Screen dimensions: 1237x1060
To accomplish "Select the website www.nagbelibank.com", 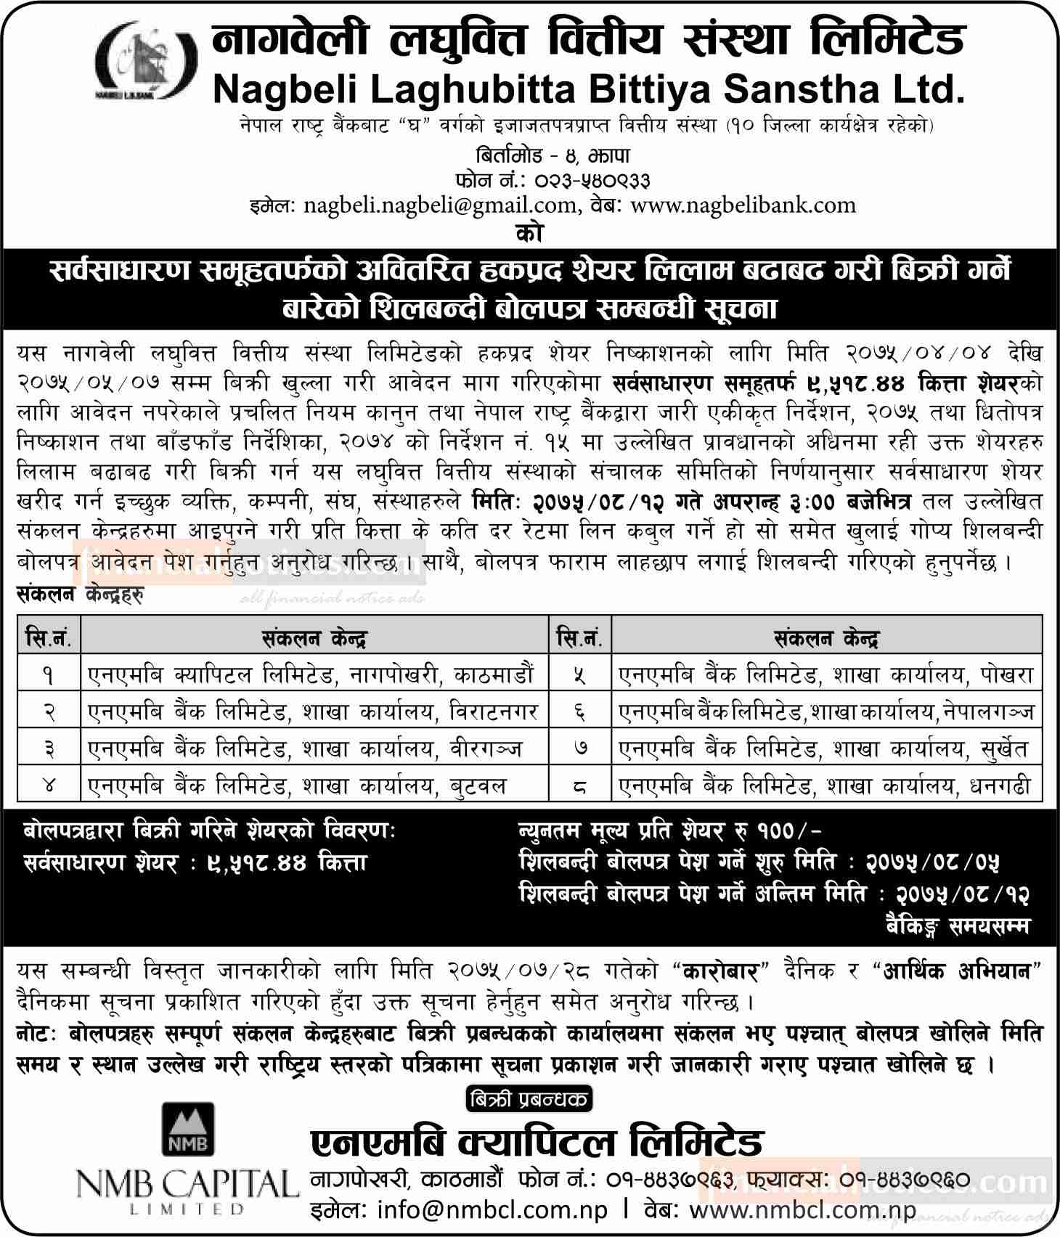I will (743, 205).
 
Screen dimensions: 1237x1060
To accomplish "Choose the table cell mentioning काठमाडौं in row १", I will (314, 675).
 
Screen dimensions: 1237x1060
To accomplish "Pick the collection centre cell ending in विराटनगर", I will (314, 711).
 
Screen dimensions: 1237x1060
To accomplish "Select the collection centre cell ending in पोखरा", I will (826, 675).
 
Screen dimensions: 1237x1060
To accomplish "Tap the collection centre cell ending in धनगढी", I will (826, 785).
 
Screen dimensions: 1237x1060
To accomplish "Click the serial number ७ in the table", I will (579, 748).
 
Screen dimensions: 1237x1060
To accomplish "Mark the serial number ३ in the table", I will (49, 748).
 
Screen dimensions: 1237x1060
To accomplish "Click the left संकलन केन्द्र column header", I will (314, 639).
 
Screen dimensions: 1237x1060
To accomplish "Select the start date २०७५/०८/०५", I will (933, 862).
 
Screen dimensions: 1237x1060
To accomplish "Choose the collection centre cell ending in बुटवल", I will (314, 785).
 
